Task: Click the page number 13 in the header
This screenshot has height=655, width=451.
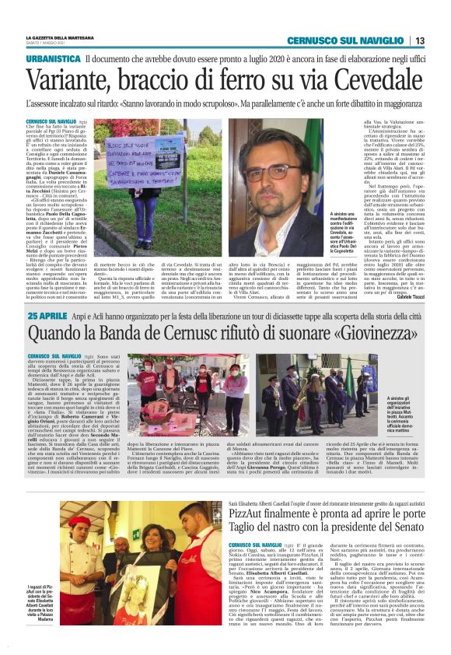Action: [418, 40]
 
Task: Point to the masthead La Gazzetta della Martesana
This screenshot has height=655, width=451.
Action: [62, 37]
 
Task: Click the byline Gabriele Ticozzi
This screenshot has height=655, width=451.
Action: [407, 297]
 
